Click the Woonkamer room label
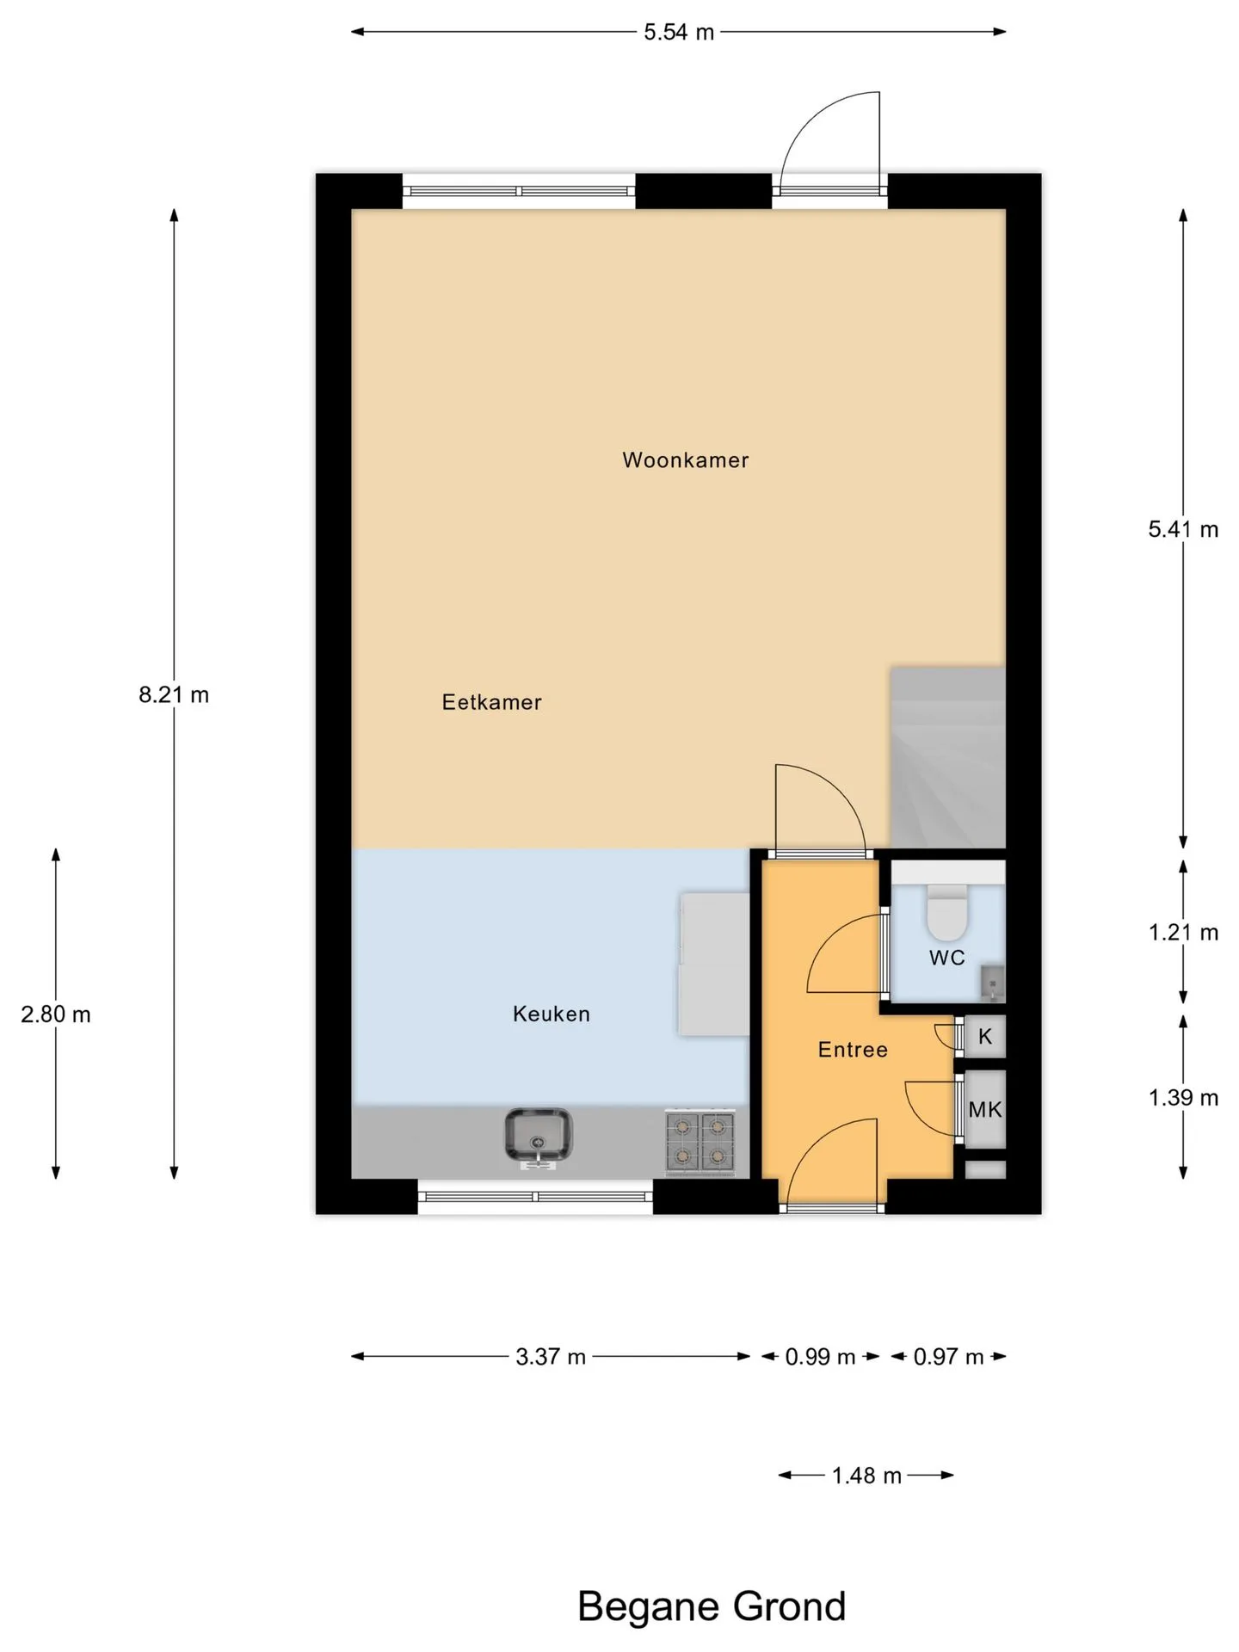[685, 460]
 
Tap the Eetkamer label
[491, 702]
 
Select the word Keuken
[552, 1014]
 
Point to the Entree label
[853, 1050]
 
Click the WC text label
[946, 958]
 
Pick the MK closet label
[985, 1110]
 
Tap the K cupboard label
[985, 1037]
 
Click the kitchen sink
[538, 1137]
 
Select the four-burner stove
[700, 1142]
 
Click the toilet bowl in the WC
[947, 914]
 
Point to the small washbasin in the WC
[992, 983]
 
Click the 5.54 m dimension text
[679, 33]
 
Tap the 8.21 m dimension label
[174, 694]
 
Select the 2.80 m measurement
[56, 1014]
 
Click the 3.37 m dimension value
[551, 1357]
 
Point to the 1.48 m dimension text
[866, 1476]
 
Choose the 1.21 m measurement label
[1184, 932]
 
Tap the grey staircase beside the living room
[947, 757]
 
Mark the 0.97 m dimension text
[948, 1357]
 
